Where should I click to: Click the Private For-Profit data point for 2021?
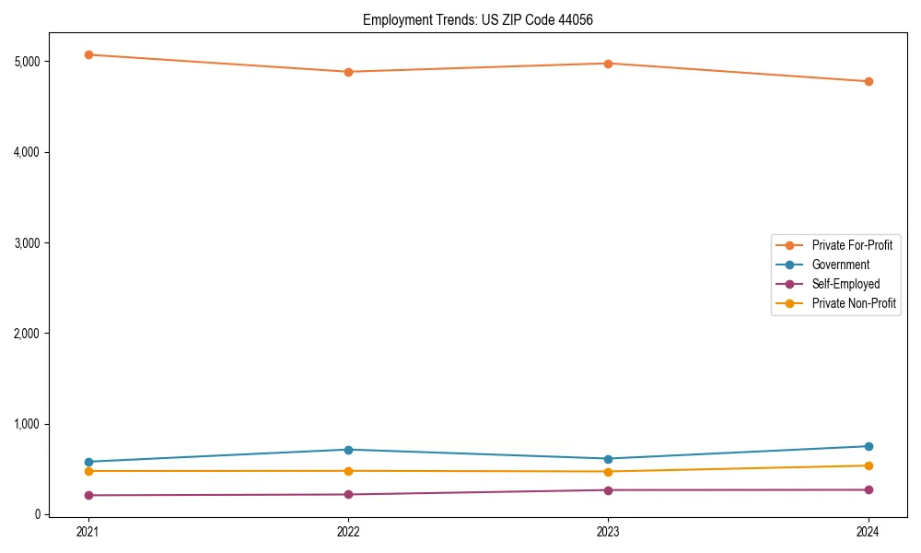(88, 54)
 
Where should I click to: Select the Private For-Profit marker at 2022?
(348, 72)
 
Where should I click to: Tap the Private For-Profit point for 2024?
(868, 81)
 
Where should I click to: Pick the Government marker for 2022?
(348, 450)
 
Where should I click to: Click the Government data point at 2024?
(868, 446)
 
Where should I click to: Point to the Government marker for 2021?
(88, 462)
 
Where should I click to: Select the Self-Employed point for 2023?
(608, 490)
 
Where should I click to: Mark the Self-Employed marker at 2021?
(88, 495)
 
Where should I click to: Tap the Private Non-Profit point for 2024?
(868, 465)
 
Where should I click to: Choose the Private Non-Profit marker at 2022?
(348, 471)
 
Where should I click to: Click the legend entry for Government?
(840, 265)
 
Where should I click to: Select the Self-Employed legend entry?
(845, 284)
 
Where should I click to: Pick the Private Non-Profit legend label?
(854, 303)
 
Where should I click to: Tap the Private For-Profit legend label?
(852, 245)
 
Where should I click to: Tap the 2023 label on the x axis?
(608, 532)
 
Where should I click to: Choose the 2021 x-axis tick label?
(88, 532)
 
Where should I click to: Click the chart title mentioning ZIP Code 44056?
(484, 19)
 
